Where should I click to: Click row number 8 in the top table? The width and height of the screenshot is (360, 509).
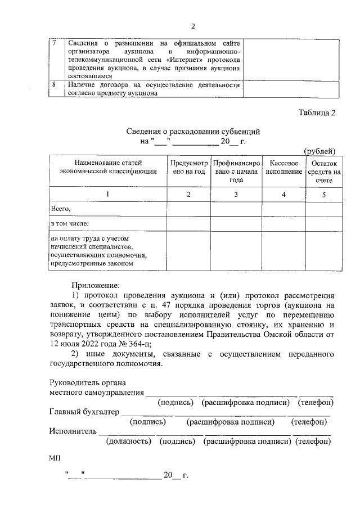pyautogui.click(x=53, y=85)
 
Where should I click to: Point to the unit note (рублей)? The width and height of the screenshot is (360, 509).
pyautogui.click(x=319, y=151)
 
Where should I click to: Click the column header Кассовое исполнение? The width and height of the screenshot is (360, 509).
pyautogui.click(x=283, y=166)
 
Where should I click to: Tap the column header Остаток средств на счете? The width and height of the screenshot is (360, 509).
pyautogui.click(x=323, y=171)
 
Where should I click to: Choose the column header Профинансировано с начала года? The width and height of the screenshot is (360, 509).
pyautogui.click(x=236, y=171)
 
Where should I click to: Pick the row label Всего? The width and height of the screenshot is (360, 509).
pyautogui.click(x=61, y=209)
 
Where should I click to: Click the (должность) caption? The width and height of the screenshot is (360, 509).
pyautogui.click(x=130, y=442)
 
